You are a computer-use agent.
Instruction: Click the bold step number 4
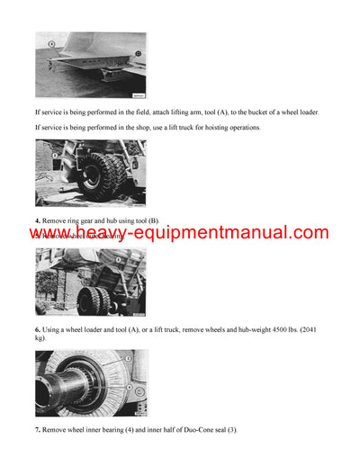point(38,220)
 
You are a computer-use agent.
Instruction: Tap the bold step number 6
point(38,330)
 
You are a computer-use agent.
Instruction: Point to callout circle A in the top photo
point(53,43)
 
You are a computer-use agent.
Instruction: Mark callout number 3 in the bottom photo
point(129,359)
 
